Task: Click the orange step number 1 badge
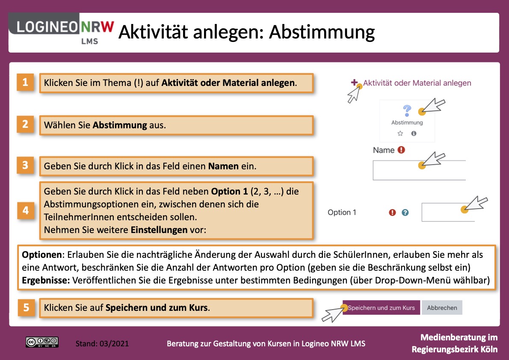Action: click(x=26, y=82)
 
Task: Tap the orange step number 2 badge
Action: click(x=26, y=124)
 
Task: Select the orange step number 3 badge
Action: click(x=26, y=165)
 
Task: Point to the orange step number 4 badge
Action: click(x=26, y=211)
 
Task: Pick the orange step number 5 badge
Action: click(x=27, y=307)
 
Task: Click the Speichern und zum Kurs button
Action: click(x=381, y=308)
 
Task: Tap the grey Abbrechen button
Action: click(x=442, y=308)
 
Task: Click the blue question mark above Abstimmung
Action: click(x=407, y=111)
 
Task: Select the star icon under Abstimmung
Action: click(x=400, y=133)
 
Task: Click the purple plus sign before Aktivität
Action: click(x=354, y=83)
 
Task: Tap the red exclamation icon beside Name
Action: click(x=401, y=150)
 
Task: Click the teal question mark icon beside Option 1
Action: click(x=405, y=212)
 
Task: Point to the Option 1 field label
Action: click(x=342, y=212)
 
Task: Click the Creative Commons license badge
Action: click(x=42, y=342)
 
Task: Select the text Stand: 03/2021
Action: click(x=102, y=343)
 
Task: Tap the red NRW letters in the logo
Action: click(x=97, y=28)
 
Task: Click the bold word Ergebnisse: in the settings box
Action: click(x=46, y=281)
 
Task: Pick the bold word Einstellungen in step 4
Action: click(x=159, y=230)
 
